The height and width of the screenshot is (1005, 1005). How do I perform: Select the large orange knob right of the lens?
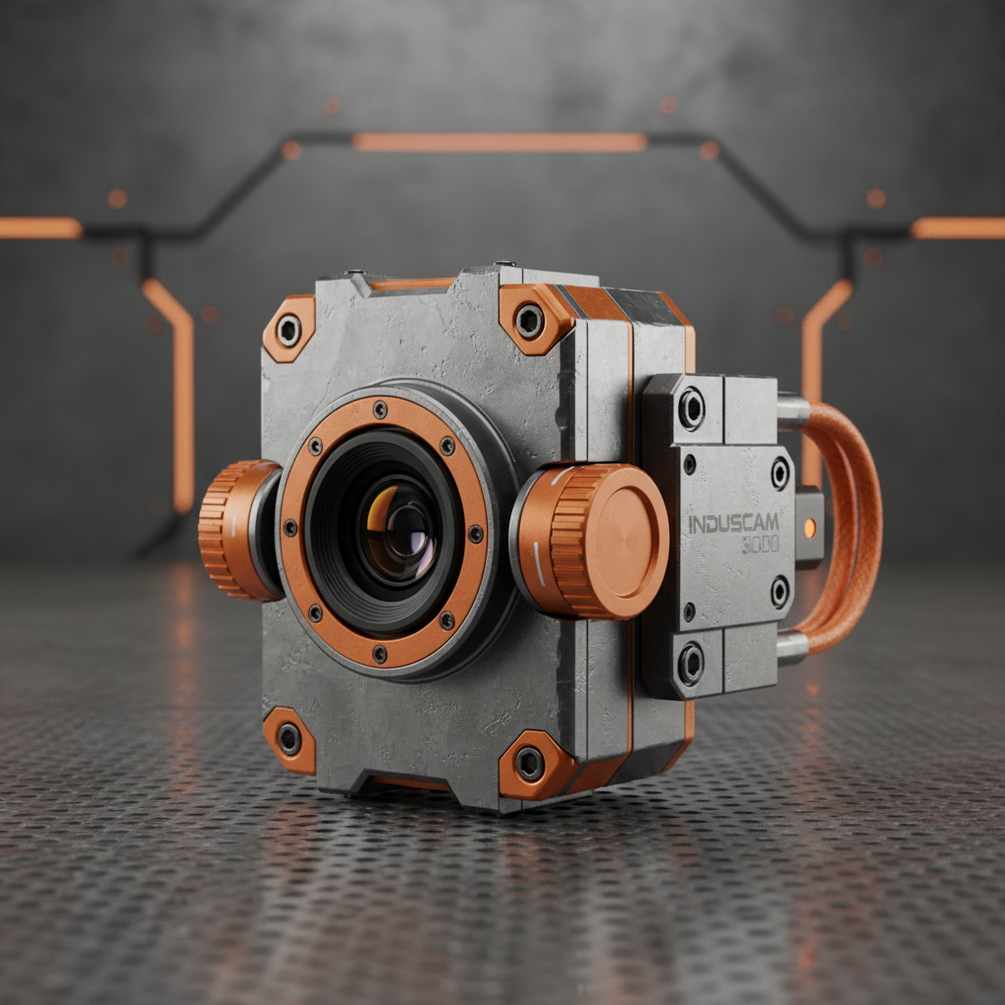pyautogui.click(x=595, y=540)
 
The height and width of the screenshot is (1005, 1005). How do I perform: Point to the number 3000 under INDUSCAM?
pyautogui.click(x=761, y=545)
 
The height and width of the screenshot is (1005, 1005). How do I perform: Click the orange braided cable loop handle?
pyautogui.click(x=854, y=520)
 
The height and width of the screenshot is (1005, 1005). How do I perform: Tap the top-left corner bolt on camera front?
pyautogui.click(x=289, y=331)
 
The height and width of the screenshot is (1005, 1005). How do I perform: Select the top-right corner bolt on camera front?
pyautogui.click(x=530, y=319)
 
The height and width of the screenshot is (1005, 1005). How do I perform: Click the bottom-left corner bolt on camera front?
pyautogui.click(x=289, y=738)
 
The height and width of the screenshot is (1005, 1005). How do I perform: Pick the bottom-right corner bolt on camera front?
pyautogui.click(x=530, y=764)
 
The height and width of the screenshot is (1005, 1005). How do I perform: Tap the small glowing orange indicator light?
pyautogui.click(x=809, y=527)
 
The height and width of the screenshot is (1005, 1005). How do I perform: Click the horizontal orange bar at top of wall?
pyautogui.click(x=500, y=141)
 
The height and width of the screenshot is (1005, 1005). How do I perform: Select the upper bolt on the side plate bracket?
pyautogui.click(x=691, y=407)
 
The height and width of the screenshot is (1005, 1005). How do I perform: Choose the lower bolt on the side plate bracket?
pyautogui.click(x=691, y=663)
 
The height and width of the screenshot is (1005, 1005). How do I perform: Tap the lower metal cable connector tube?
pyautogui.click(x=792, y=646)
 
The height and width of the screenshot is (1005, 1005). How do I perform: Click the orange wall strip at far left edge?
pyautogui.click(x=39, y=228)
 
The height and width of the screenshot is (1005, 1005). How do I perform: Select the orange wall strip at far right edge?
pyautogui.click(x=957, y=228)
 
